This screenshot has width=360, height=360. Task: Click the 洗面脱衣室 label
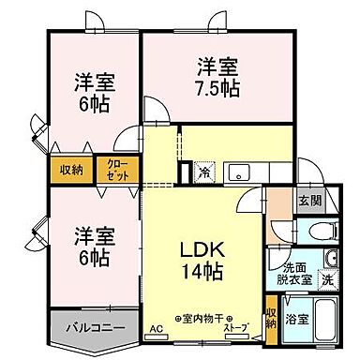287,270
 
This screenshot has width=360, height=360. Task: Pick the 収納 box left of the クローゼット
71,170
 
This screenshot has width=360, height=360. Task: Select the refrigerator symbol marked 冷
204,172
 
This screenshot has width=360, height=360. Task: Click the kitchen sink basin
239,172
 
